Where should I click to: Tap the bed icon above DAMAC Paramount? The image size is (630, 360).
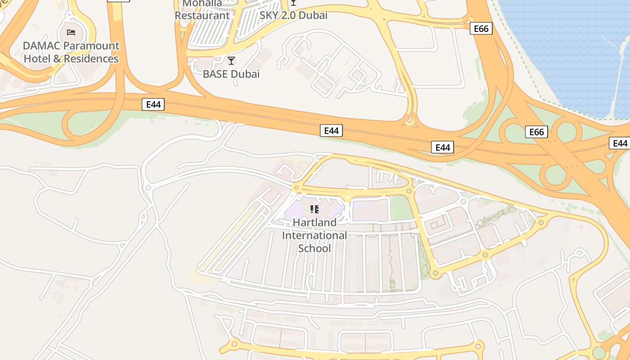71,32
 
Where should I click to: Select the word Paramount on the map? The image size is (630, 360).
91,46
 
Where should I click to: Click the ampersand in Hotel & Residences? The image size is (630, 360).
57,59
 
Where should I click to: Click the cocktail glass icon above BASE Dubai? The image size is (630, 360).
231,61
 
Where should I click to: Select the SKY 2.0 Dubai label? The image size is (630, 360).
293,15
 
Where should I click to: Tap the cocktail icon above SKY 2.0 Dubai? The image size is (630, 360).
293,3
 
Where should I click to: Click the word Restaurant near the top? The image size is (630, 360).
202,15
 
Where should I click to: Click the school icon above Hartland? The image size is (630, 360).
315,209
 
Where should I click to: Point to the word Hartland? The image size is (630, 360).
315,222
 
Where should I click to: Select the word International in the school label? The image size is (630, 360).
315,235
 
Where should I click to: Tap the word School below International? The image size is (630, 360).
315,248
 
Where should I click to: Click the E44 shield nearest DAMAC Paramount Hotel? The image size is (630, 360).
153,104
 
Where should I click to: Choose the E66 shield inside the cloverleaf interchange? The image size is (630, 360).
536,132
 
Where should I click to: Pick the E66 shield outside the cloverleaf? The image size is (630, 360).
481,29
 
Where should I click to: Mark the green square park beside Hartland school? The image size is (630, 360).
401,208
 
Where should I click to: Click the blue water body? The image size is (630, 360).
567,49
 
